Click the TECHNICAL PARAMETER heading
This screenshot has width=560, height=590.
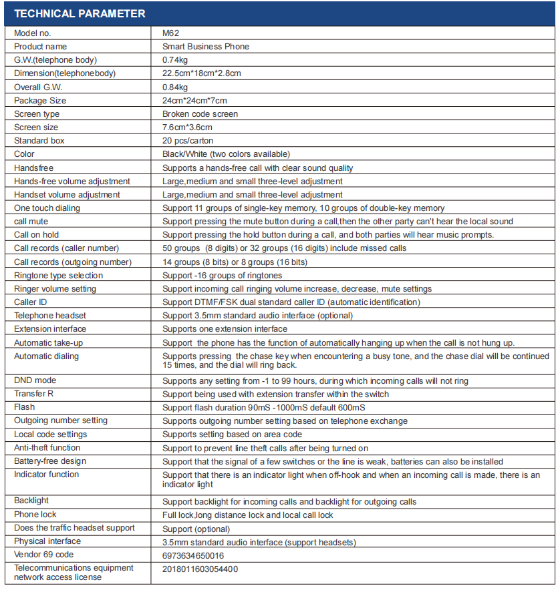[x=80, y=13]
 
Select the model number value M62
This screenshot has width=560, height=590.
[x=170, y=33]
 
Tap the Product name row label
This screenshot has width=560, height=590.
[x=41, y=47]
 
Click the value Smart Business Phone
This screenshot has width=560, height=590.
[x=206, y=47]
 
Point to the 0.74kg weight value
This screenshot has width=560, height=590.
[x=175, y=60]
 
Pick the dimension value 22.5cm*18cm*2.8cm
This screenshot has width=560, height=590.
[x=202, y=73]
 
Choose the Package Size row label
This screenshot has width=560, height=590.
[x=40, y=101]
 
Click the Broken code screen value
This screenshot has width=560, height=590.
[x=200, y=114]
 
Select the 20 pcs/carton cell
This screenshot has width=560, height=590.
[x=190, y=141]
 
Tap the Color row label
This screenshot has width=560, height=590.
[x=24, y=154]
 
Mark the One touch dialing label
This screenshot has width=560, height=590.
[x=47, y=208]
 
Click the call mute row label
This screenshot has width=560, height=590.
[x=31, y=222]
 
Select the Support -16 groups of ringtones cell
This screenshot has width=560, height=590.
[x=222, y=276]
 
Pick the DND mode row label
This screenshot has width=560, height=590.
[x=35, y=380]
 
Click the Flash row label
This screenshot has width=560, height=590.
[x=25, y=407]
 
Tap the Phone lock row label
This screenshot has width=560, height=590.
[x=35, y=515]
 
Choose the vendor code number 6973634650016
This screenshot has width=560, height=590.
[x=193, y=555]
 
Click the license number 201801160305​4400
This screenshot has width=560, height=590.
[x=200, y=569]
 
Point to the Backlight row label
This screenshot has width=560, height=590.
[x=31, y=501]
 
